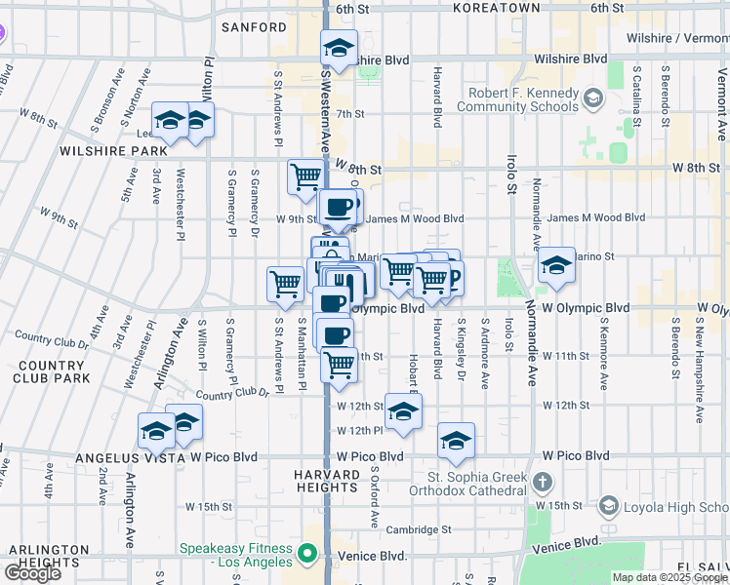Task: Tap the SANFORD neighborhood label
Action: tap(254, 27)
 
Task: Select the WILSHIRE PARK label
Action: tap(101, 152)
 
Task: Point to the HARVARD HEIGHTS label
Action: tap(326, 480)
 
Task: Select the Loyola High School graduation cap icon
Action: tap(609, 506)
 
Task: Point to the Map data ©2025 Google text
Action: tap(668, 577)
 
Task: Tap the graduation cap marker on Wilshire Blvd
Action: tap(339, 48)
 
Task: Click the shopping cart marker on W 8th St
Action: tap(305, 176)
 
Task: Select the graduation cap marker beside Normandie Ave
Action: tap(556, 264)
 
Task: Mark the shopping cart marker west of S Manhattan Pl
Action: tap(285, 284)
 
